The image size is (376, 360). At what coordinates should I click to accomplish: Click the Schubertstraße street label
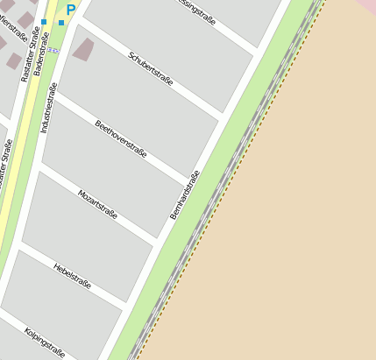click(x=151, y=69)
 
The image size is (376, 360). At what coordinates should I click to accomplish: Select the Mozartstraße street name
click(x=97, y=203)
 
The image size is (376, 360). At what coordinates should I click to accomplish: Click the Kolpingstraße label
click(x=45, y=342)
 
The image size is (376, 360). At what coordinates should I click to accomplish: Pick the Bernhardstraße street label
click(x=185, y=194)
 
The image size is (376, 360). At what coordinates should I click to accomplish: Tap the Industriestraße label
click(x=49, y=108)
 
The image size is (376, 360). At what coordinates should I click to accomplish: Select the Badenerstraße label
click(x=38, y=53)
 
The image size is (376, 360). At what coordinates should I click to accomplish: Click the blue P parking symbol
click(x=71, y=11)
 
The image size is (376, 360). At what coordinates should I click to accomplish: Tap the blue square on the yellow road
click(x=44, y=22)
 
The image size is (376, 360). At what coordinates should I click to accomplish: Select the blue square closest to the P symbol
click(x=61, y=22)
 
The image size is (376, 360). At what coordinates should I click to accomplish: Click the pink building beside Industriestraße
click(x=83, y=49)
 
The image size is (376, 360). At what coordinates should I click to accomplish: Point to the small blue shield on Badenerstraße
click(x=54, y=50)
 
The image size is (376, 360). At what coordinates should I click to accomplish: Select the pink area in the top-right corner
click(x=367, y=6)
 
